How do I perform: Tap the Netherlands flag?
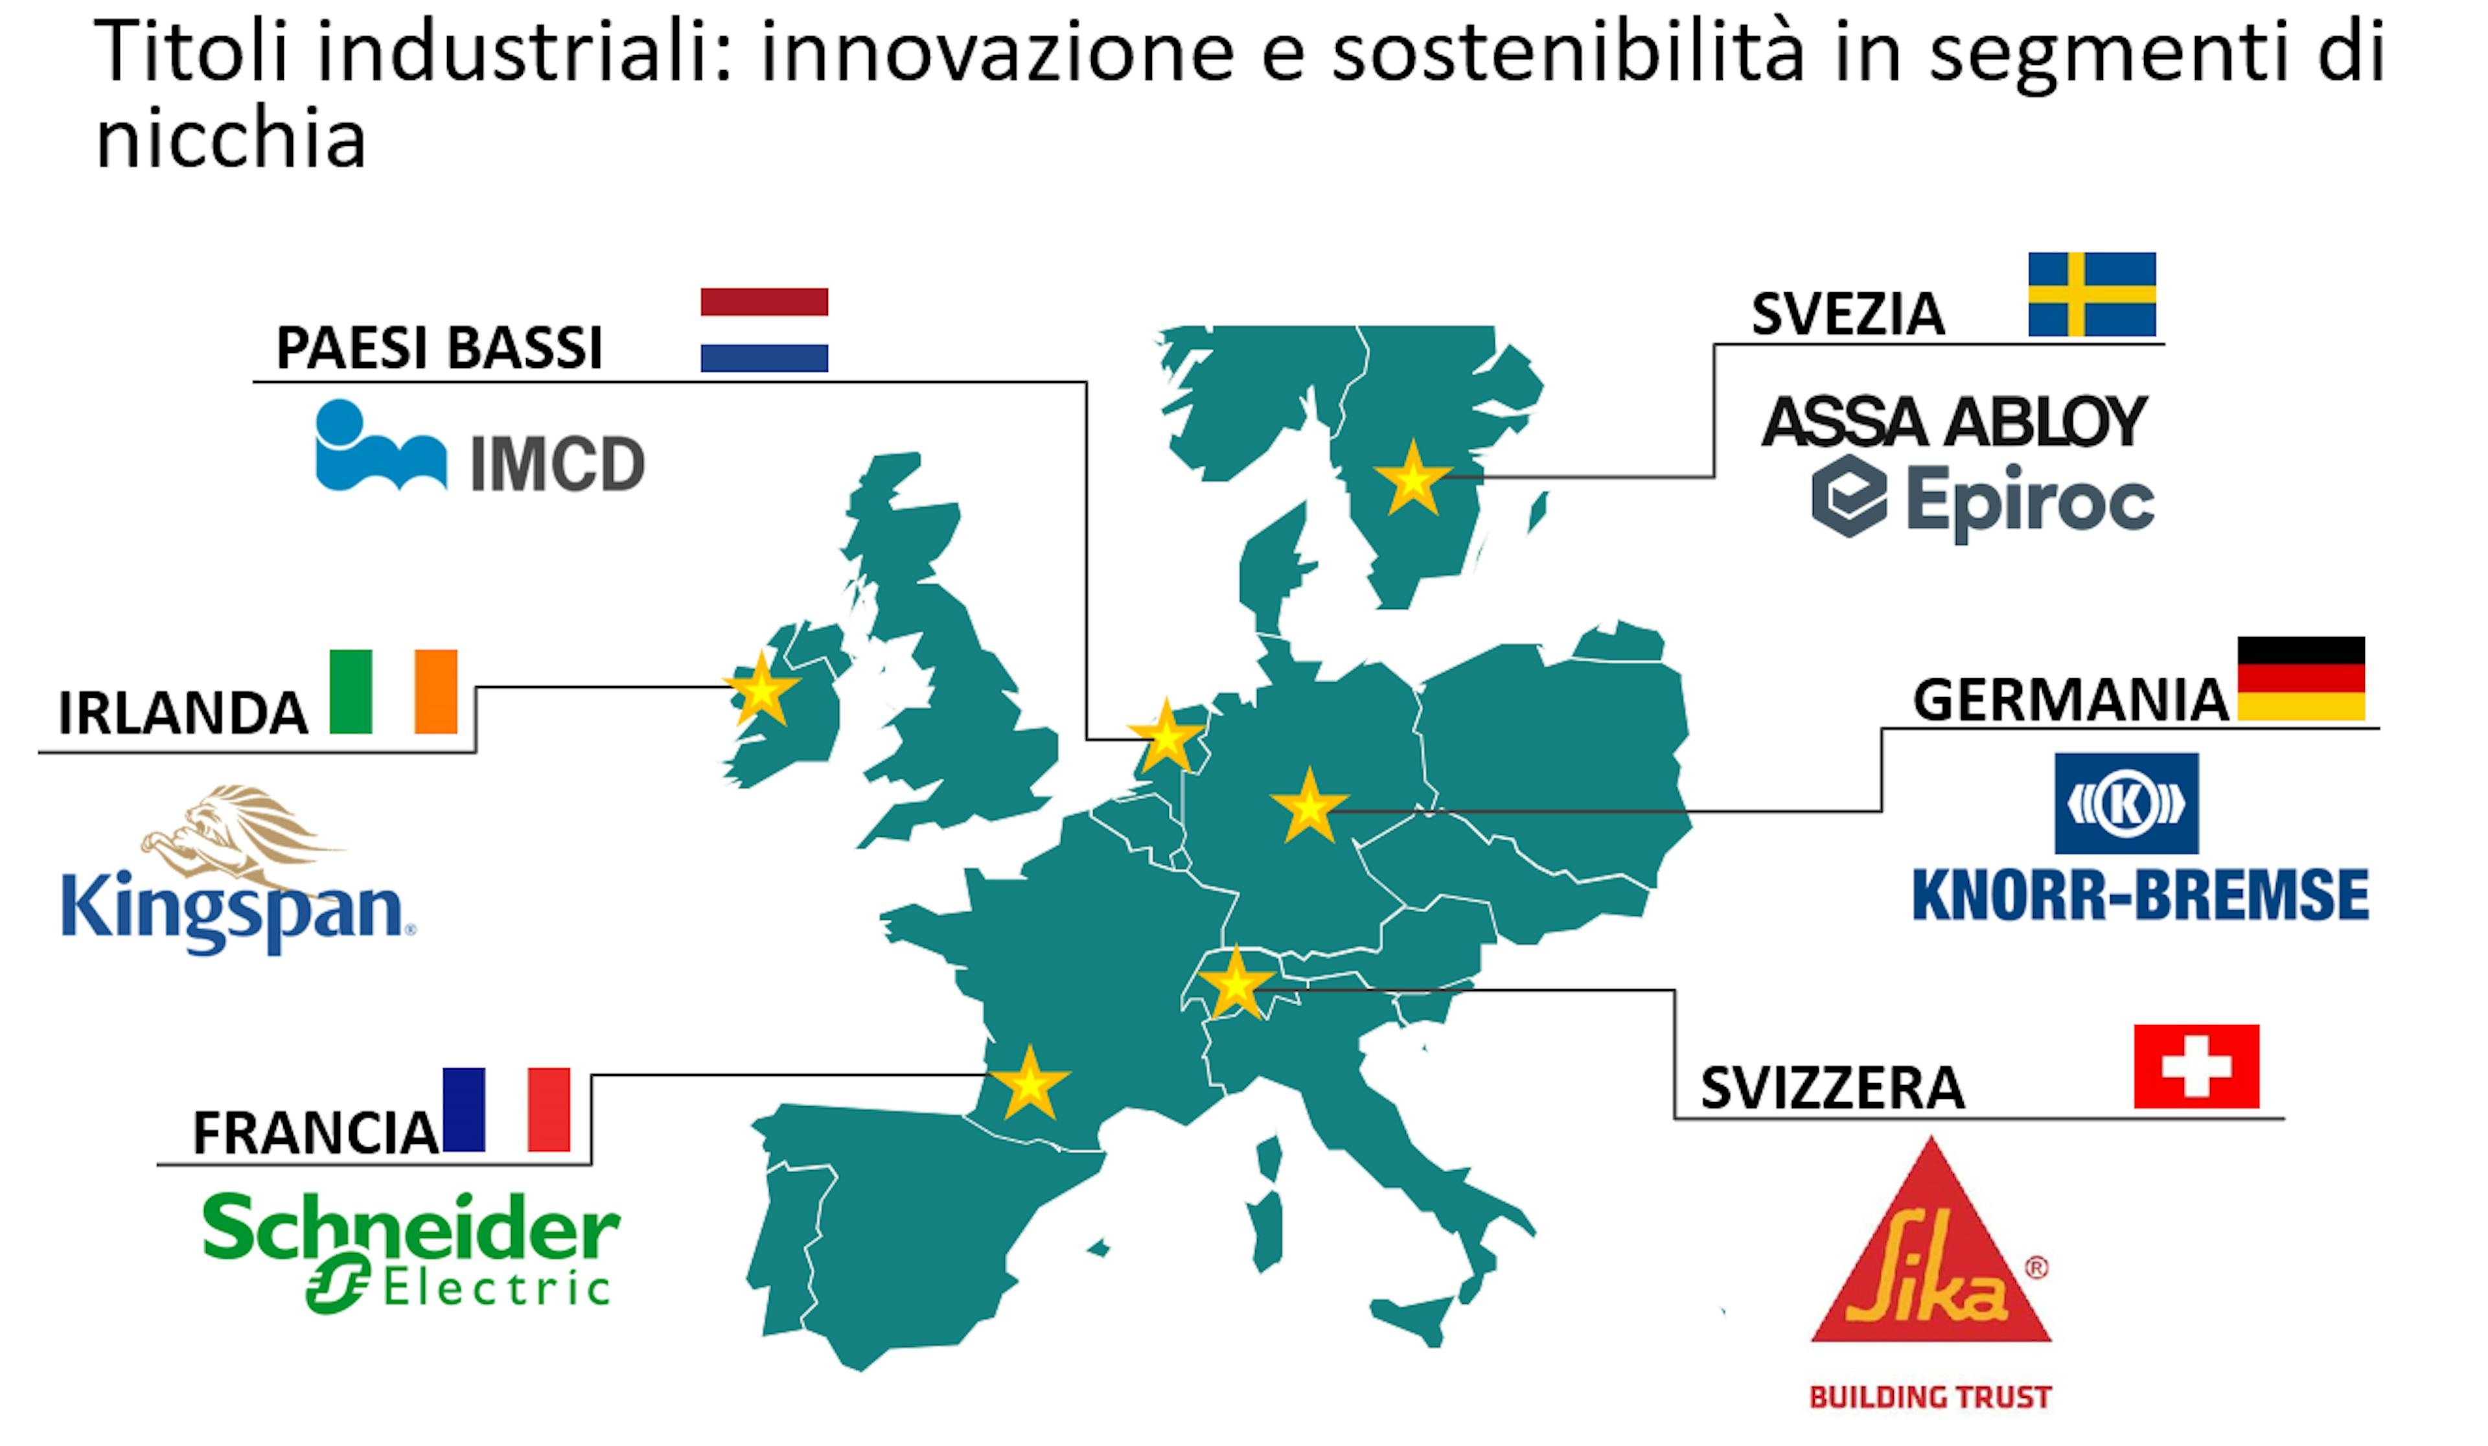pyautogui.click(x=764, y=330)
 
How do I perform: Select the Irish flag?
pyautogui.click(x=393, y=691)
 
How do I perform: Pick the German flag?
pyautogui.click(x=2300, y=678)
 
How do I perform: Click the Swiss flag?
pyautogui.click(x=2196, y=1066)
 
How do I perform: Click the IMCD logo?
pyautogui.click(x=480, y=446)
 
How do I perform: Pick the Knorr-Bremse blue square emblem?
pyautogui.click(x=2126, y=803)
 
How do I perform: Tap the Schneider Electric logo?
pyautogui.click(x=411, y=1252)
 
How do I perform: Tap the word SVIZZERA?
pyautogui.click(x=1832, y=1088)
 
